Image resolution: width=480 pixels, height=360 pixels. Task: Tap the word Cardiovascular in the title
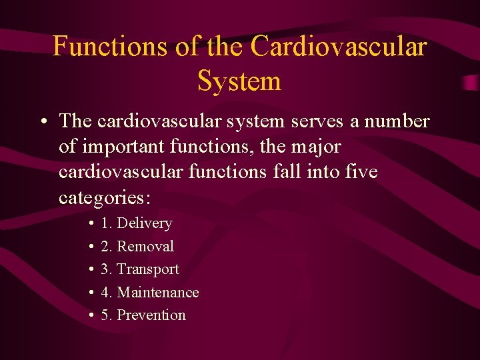(x=339, y=46)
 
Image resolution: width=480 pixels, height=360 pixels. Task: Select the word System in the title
(x=239, y=81)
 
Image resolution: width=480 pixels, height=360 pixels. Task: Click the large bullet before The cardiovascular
(x=42, y=122)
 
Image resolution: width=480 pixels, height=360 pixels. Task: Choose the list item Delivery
(x=144, y=223)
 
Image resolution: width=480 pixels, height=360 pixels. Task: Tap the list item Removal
(x=145, y=247)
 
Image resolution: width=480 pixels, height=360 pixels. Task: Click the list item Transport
(x=148, y=269)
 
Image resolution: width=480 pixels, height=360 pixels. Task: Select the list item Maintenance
(x=158, y=293)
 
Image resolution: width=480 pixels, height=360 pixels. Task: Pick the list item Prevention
(x=151, y=315)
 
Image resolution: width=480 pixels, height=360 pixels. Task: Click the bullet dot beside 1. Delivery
(x=89, y=224)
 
